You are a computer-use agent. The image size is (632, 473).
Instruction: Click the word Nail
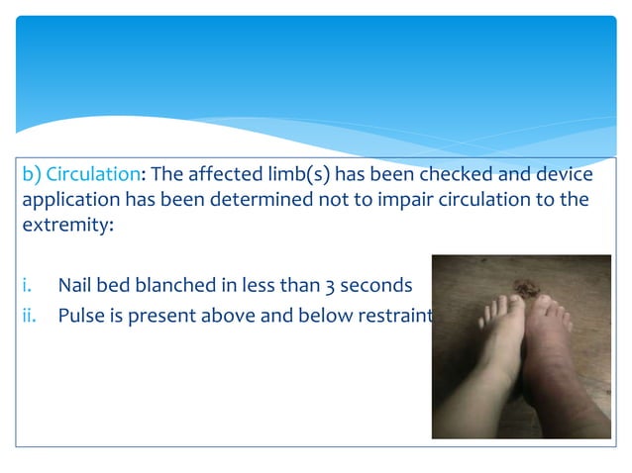click(x=75, y=287)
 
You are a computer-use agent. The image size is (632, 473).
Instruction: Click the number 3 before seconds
click(x=329, y=287)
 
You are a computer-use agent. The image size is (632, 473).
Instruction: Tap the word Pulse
click(x=80, y=316)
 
